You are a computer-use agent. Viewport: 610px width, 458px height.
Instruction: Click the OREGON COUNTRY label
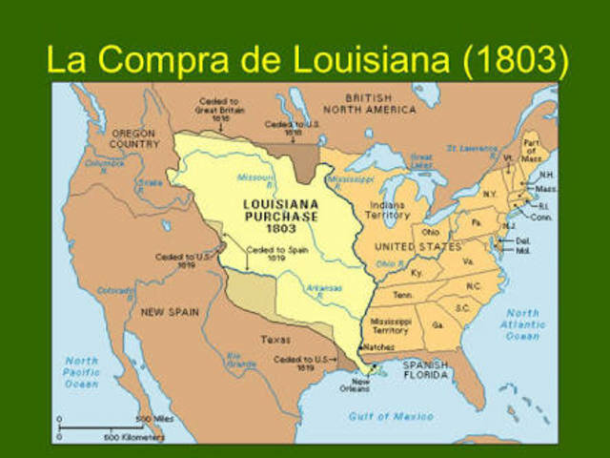(133, 138)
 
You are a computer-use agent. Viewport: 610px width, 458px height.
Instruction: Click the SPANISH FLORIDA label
(425, 370)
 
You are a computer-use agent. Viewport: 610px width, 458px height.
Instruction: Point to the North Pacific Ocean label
(81, 372)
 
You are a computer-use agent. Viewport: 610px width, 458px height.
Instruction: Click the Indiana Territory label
(389, 210)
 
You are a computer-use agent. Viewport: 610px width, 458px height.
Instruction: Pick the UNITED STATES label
(418, 246)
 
